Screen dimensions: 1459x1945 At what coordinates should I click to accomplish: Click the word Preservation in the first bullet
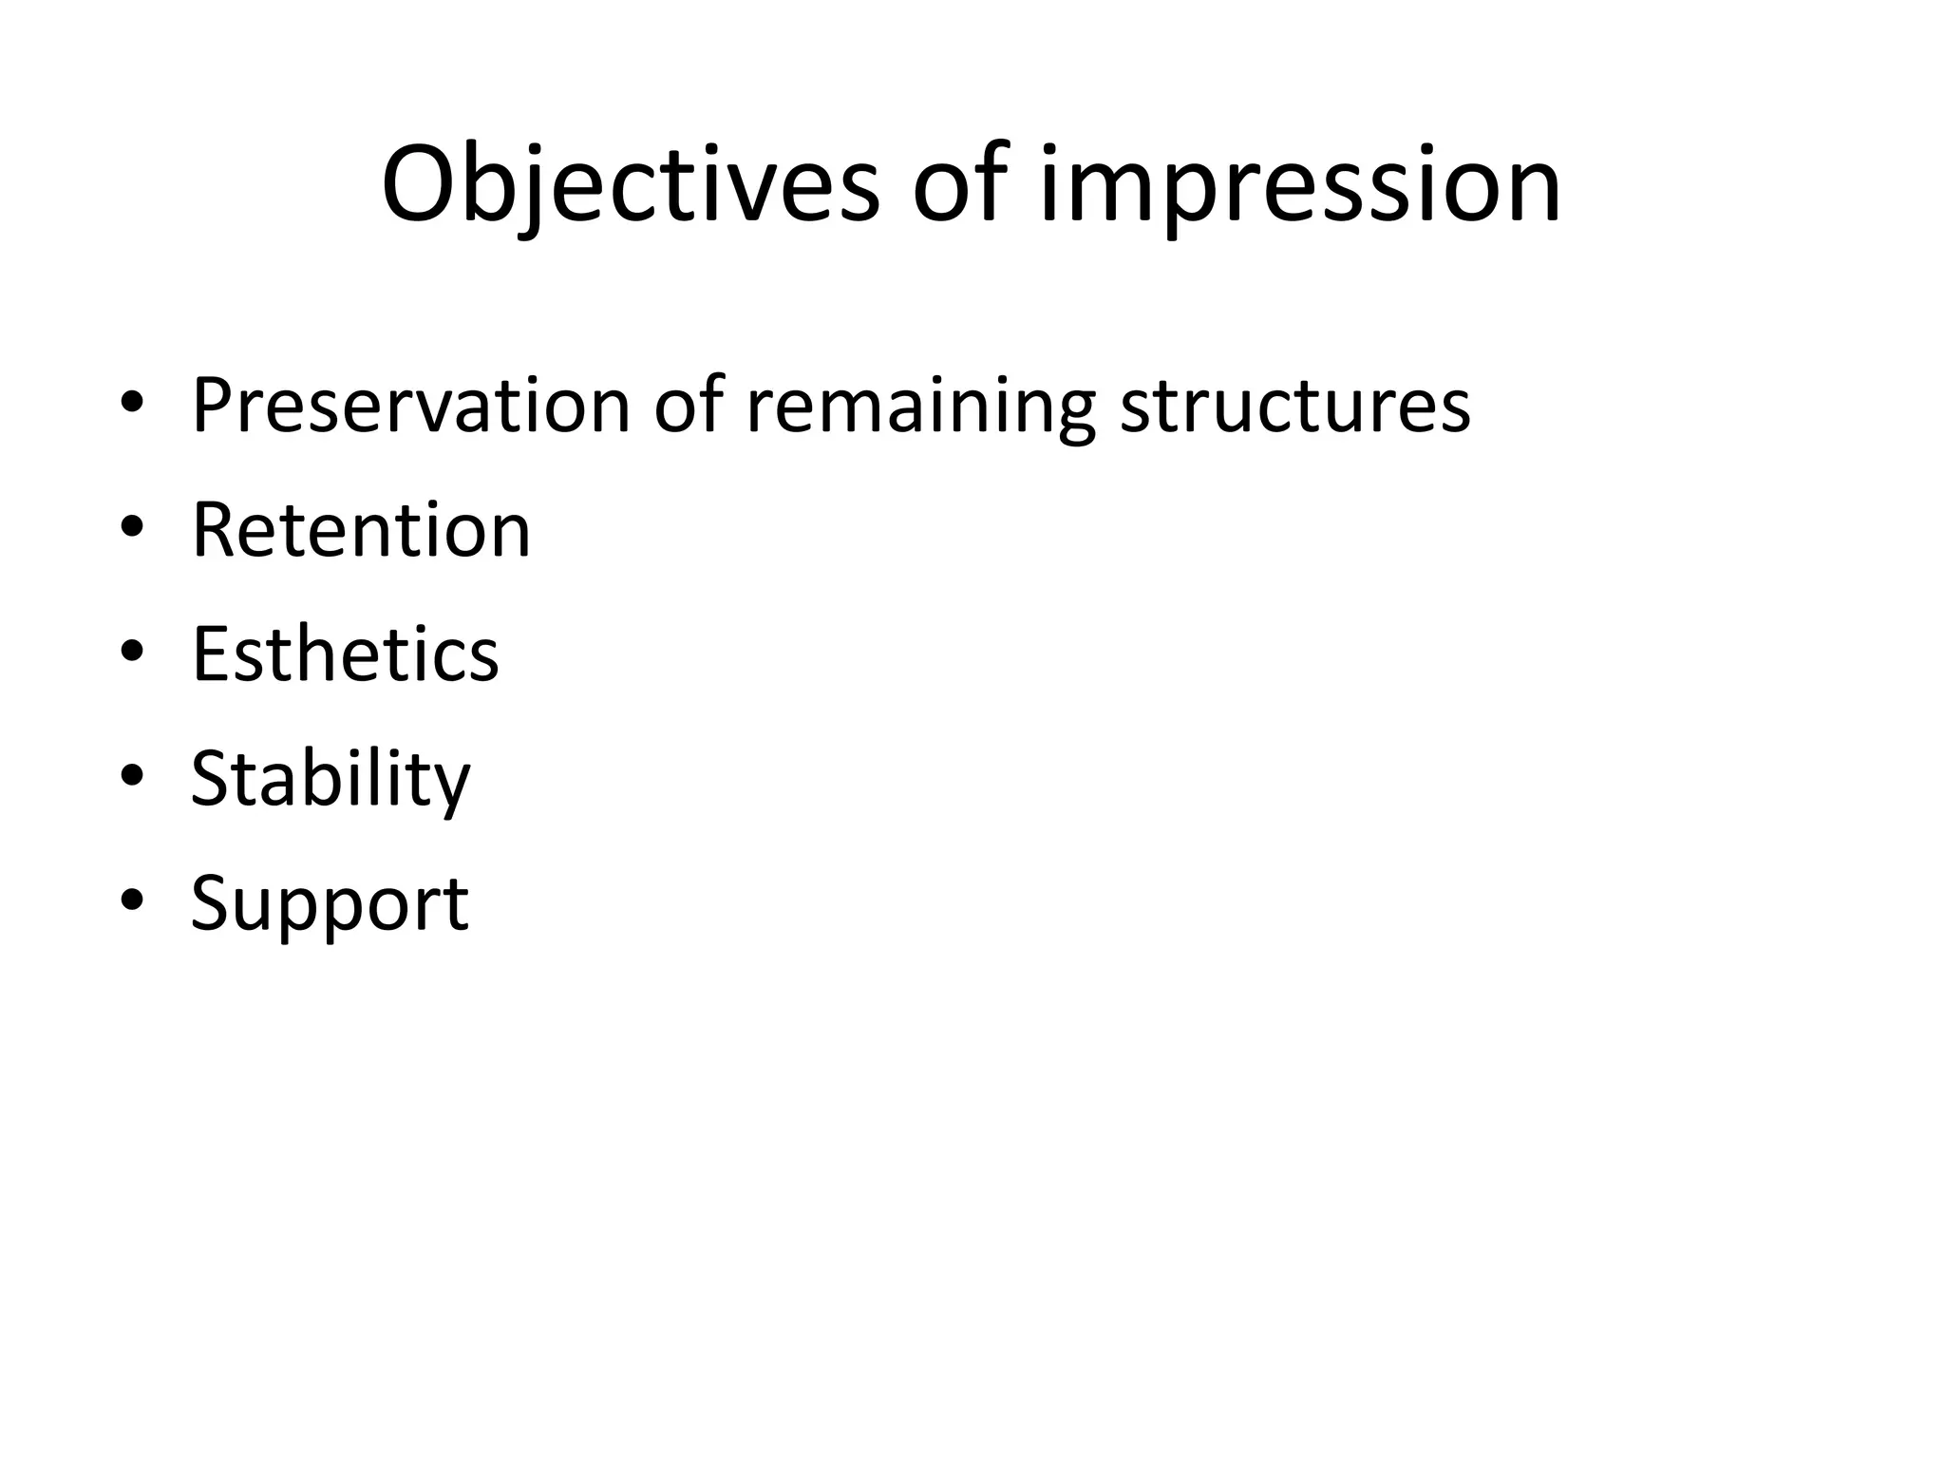[411, 407]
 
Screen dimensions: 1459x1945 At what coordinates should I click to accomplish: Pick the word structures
[1295, 407]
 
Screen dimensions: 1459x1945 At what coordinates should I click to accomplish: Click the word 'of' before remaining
[689, 407]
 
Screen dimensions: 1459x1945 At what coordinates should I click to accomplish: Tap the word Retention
[361, 530]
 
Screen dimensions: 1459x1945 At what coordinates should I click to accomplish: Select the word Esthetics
[345, 654]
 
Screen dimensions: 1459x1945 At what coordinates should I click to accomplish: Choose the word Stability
[330, 780]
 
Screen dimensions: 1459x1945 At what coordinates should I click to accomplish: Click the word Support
[330, 904]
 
